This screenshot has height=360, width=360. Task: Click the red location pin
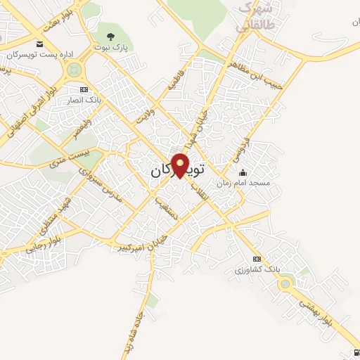[181, 165]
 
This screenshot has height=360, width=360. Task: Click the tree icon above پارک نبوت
[109, 35]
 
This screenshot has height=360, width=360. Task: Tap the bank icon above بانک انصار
[84, 89]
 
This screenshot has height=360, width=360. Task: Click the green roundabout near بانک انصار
[74, 70]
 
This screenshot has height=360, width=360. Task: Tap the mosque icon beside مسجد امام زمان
[243, 173]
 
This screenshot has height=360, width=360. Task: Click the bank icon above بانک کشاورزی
[257, 259]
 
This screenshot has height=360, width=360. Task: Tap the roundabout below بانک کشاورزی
[285, 284]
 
